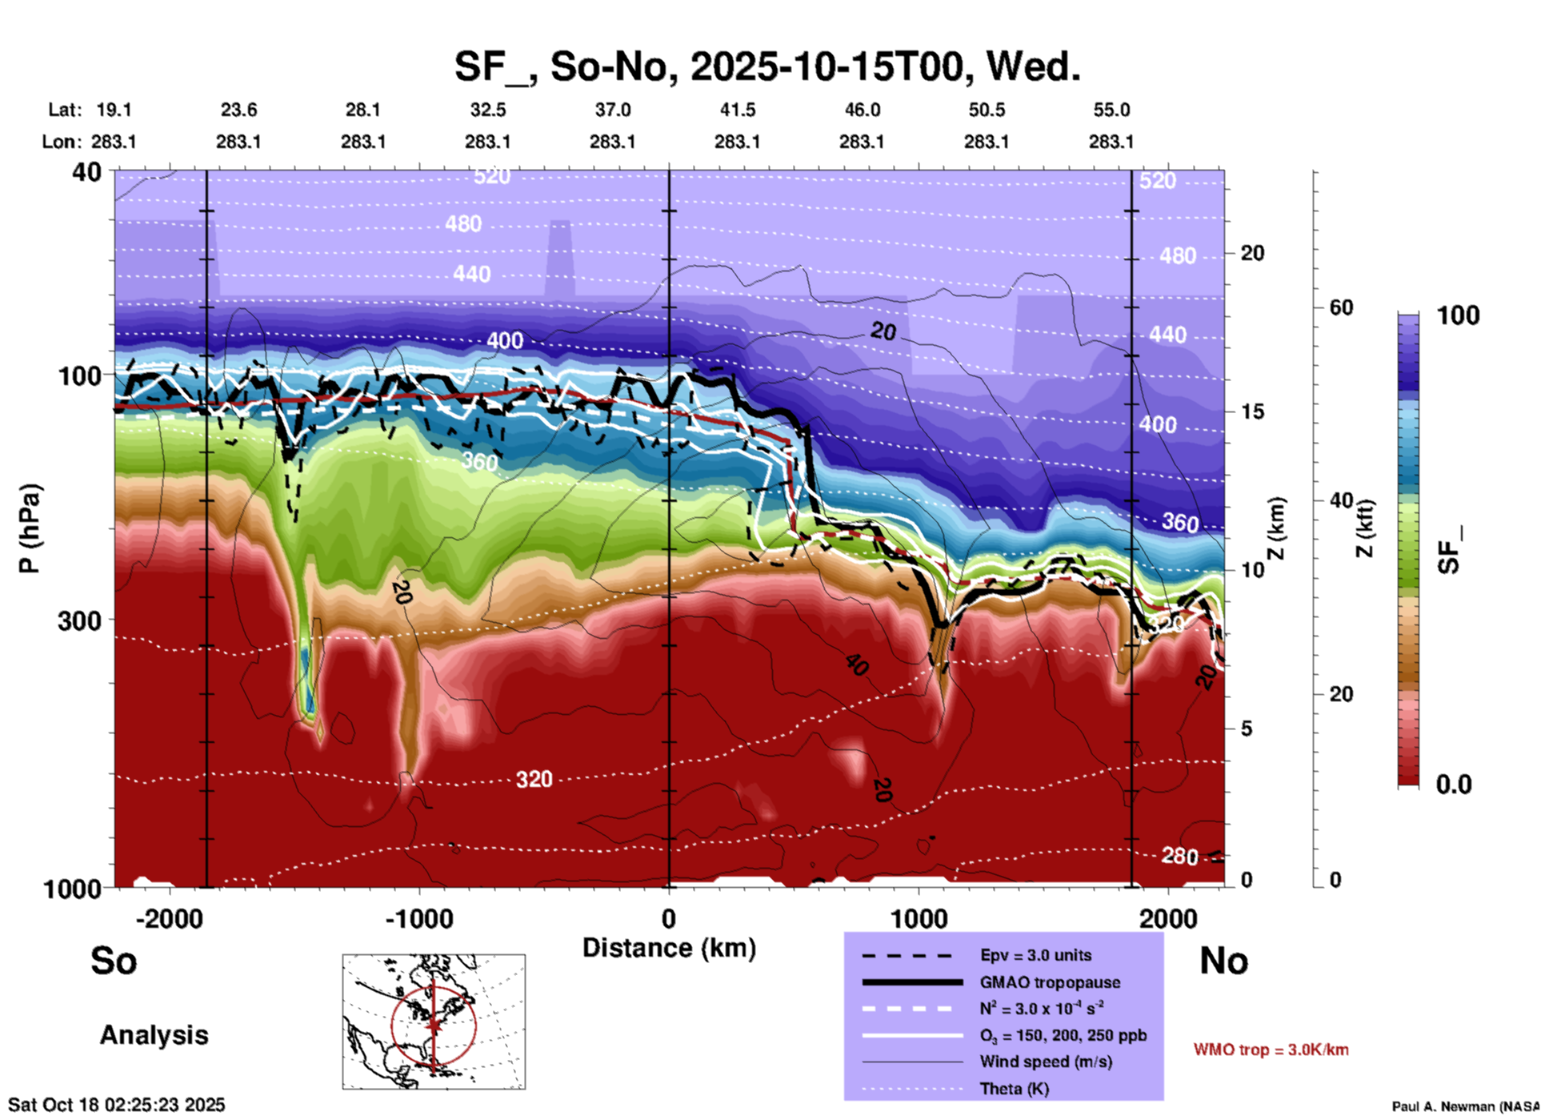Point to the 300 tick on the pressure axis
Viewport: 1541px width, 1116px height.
pos(79,620)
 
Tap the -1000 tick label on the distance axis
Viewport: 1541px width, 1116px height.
pos(418,918)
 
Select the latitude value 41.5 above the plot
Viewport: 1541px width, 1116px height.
pos(737,110)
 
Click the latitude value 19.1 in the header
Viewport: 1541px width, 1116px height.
pos(114,110)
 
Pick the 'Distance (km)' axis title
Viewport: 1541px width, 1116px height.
pos(669,948)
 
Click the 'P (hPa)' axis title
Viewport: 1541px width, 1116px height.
pos(30,528)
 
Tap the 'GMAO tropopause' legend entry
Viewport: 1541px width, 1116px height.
pos(1050,982)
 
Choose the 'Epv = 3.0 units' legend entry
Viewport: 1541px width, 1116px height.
pos(1035,955)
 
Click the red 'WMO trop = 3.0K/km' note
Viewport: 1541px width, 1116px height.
pos(1271,1050)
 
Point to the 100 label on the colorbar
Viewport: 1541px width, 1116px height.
pos(1458,315)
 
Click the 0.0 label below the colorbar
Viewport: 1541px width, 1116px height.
pos(1453,785)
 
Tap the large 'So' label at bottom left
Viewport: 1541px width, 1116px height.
pos(114,961)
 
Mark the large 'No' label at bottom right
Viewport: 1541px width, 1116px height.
pos(1223,961)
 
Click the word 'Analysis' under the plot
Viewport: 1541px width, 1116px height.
pos(154,1035)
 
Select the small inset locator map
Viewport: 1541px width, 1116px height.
pos(434,1021)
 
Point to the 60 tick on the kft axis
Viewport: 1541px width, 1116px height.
pos(1341,307)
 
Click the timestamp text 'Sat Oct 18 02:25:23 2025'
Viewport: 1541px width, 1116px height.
pos(117,1105)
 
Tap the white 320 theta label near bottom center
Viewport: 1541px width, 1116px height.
pos(534,779)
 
